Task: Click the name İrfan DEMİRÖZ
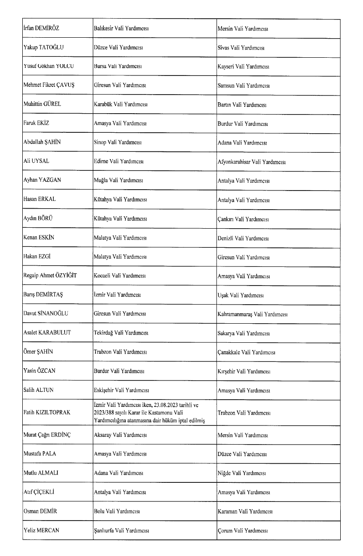tap(41, 28)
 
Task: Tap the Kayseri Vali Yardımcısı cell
tap(243, 66)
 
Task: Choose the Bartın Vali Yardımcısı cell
tap(242, 105)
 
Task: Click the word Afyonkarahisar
tap(234, 162)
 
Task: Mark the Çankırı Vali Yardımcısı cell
tap(243, 219)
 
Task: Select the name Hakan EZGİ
tap(36, 257)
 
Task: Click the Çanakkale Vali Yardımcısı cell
tap(246, 352)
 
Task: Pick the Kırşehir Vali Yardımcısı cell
tap(243, 371)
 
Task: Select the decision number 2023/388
tap(104, 413)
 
